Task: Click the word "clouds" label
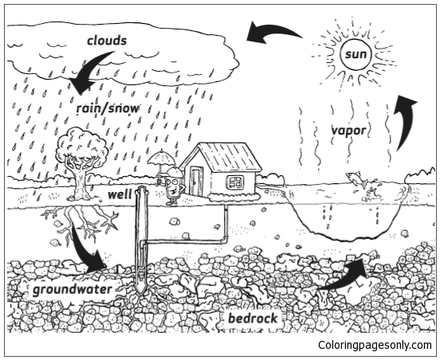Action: pos(107,41)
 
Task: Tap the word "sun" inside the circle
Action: pos(356,54)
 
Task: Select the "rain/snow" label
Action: pos(108,108)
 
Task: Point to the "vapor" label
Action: pos(349,131)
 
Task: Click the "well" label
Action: pos(120,194)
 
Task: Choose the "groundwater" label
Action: pos(72,290)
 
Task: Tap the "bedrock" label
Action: pos(253,319)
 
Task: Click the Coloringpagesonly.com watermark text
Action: pos(375,345)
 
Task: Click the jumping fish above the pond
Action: pos(356,179)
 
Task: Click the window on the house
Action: pos(234,182)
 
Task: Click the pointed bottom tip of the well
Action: pos(140,295)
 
